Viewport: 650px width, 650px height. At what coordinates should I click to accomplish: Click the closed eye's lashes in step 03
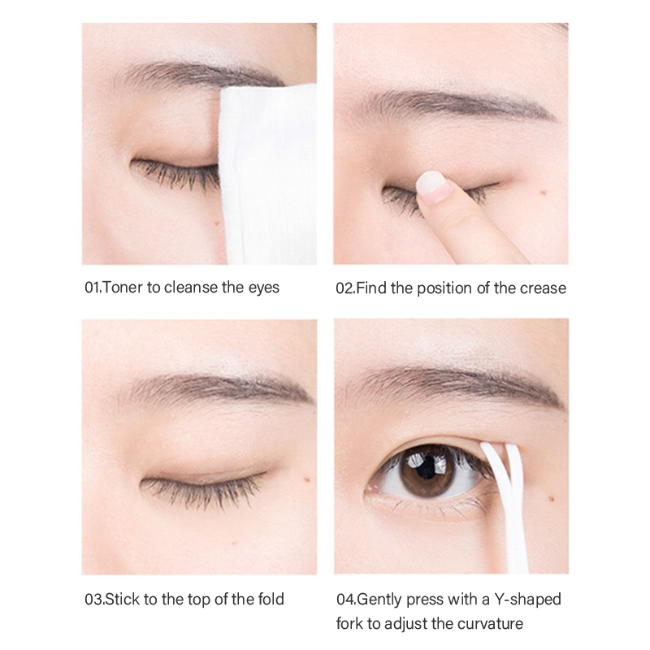point(201,492)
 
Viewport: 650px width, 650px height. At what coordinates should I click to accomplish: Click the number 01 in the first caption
point(93,288)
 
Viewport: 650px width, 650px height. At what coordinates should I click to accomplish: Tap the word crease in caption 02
point(543,288)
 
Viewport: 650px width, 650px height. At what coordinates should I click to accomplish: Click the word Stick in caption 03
point(123,600)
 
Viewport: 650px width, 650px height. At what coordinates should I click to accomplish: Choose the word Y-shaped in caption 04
point(527,600)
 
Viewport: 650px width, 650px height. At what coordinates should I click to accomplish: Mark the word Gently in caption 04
point(379,600)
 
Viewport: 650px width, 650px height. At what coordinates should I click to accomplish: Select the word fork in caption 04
point(348,624)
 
